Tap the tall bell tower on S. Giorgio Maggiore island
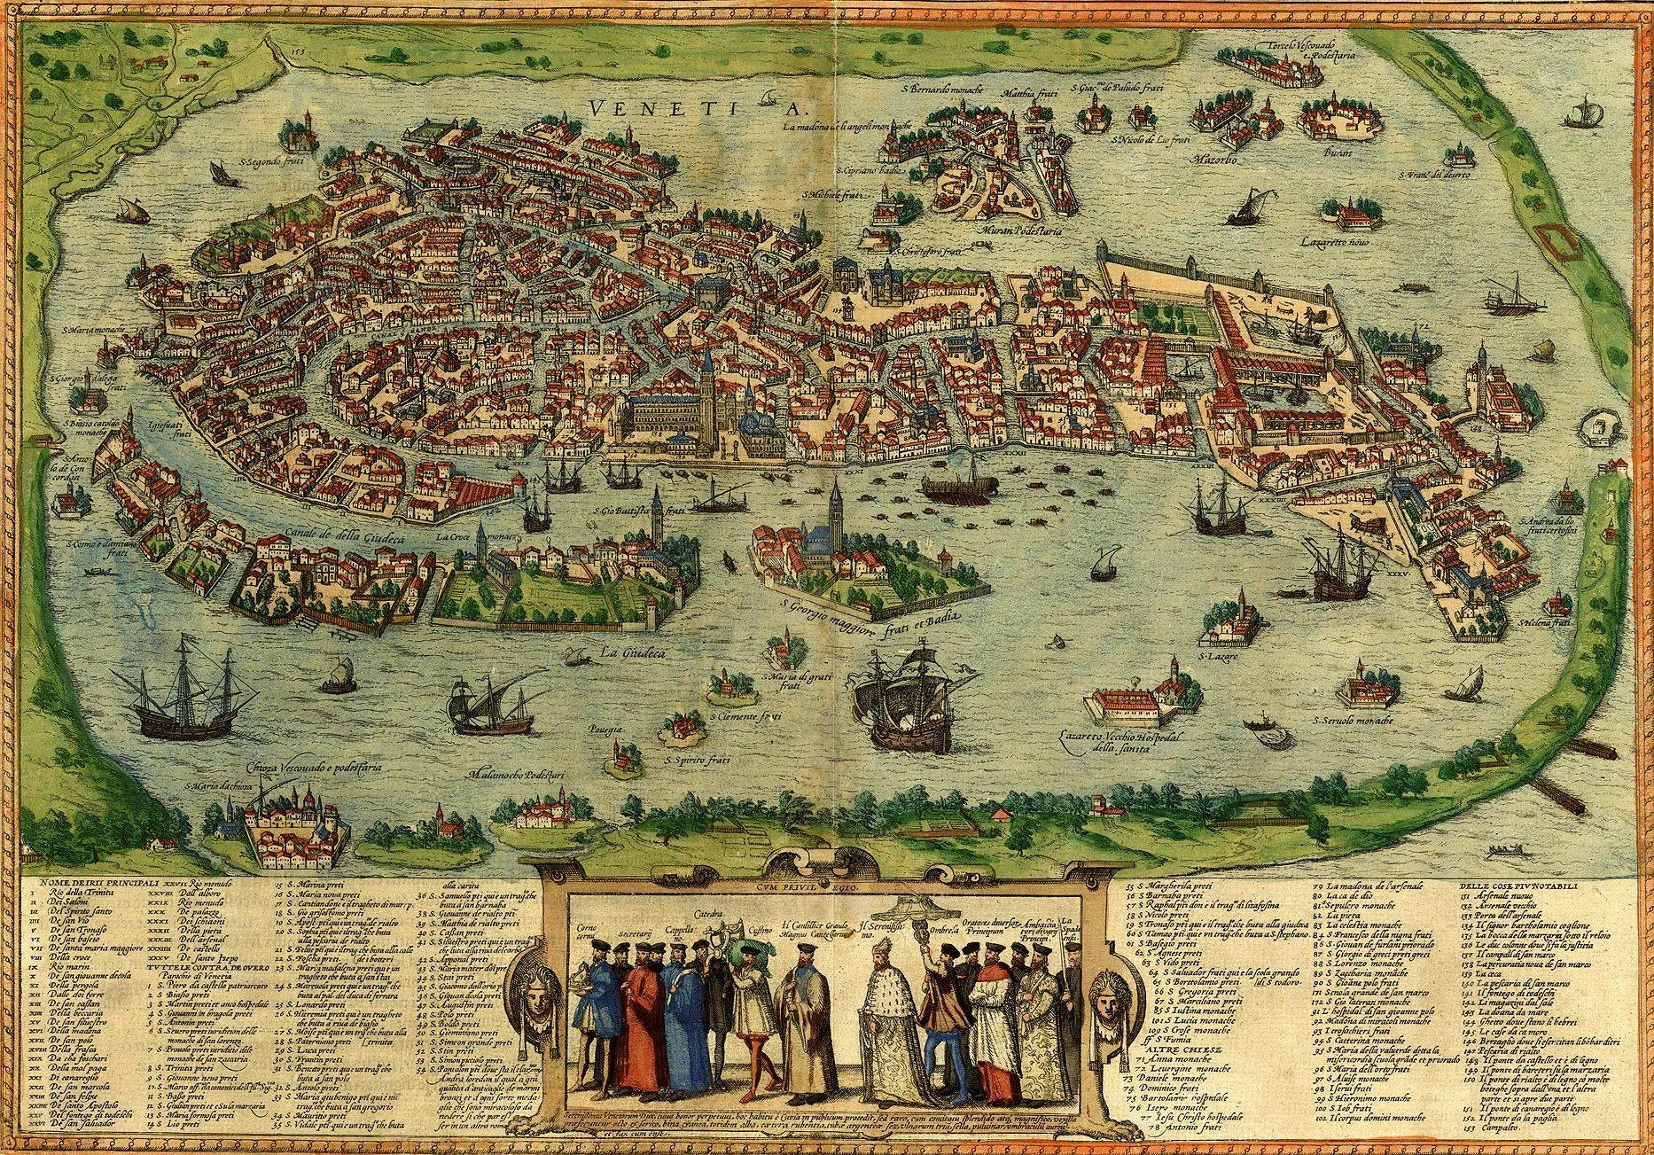837,519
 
